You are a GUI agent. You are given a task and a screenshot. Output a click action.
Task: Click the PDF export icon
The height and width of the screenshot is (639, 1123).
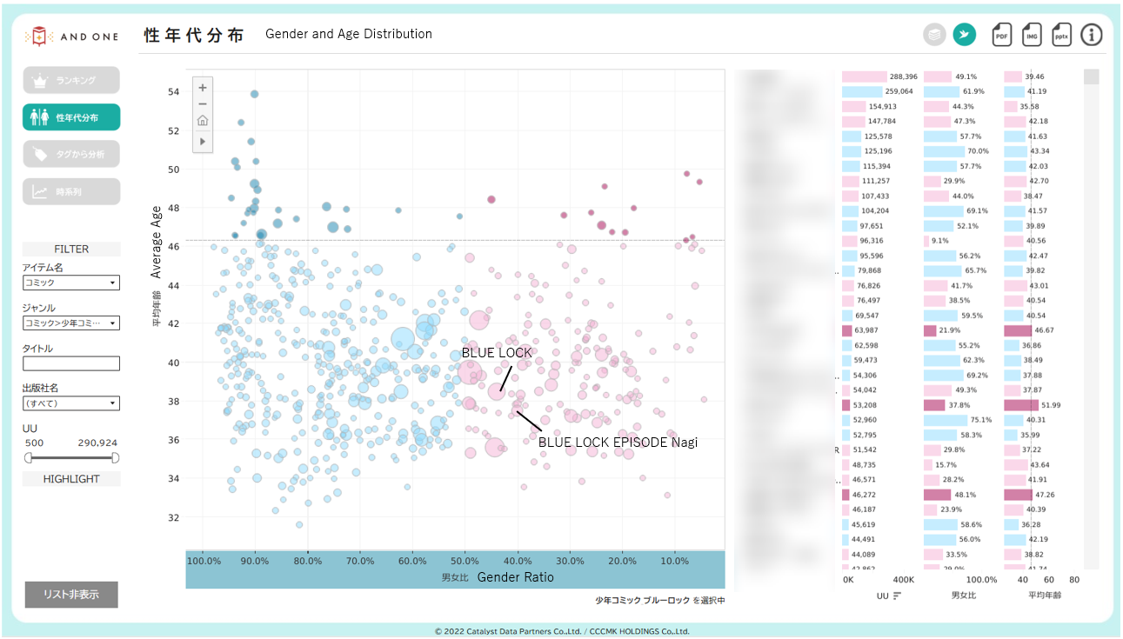click(x=1001, y=35)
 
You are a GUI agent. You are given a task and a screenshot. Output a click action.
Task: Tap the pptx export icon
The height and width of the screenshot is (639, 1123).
click(x=1061, y=35)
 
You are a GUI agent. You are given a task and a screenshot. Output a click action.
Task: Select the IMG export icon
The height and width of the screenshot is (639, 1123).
click(x=1032, y=35)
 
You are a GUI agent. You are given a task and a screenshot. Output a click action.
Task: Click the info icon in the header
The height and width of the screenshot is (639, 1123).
click(x=1092, y=35)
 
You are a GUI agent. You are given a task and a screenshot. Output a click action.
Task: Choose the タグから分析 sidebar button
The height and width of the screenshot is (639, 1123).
click(x=71, y=154)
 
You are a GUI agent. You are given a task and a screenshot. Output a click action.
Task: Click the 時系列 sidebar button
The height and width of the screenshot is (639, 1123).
click(x=71, y=191)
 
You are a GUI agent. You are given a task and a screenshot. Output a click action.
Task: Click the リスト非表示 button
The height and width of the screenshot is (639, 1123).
click(x=71, y=595)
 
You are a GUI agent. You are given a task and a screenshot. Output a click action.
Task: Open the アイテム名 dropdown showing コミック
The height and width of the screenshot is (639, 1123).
click(x=71, y=283)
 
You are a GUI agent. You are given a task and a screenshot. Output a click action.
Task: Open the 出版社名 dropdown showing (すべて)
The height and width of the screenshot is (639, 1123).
click(x=71, y=403)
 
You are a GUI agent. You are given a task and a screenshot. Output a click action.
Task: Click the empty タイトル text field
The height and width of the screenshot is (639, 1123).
click(x=71, y=363)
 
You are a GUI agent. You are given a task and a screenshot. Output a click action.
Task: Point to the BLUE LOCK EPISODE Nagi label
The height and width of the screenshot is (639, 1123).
click(x=618, y=442)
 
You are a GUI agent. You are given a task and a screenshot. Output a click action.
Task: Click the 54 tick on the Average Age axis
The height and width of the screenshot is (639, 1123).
click(x=173, y=91)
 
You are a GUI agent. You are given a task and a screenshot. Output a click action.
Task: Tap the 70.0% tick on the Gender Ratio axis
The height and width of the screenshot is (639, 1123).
click(x=360, y=561)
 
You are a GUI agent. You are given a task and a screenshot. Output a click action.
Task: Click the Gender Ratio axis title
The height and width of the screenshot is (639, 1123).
click(x=515, y=577)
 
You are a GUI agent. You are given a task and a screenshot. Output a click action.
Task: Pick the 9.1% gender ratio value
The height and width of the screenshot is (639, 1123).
click(x=939, y=241)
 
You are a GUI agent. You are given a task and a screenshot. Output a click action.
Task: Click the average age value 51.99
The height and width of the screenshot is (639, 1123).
click(x=1044, y=405)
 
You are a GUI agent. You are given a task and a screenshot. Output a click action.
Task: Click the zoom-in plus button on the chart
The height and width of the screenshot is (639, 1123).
click(x=203, y=87)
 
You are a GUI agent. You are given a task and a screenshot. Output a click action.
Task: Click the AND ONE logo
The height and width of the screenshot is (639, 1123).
click(x=73, y=36)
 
